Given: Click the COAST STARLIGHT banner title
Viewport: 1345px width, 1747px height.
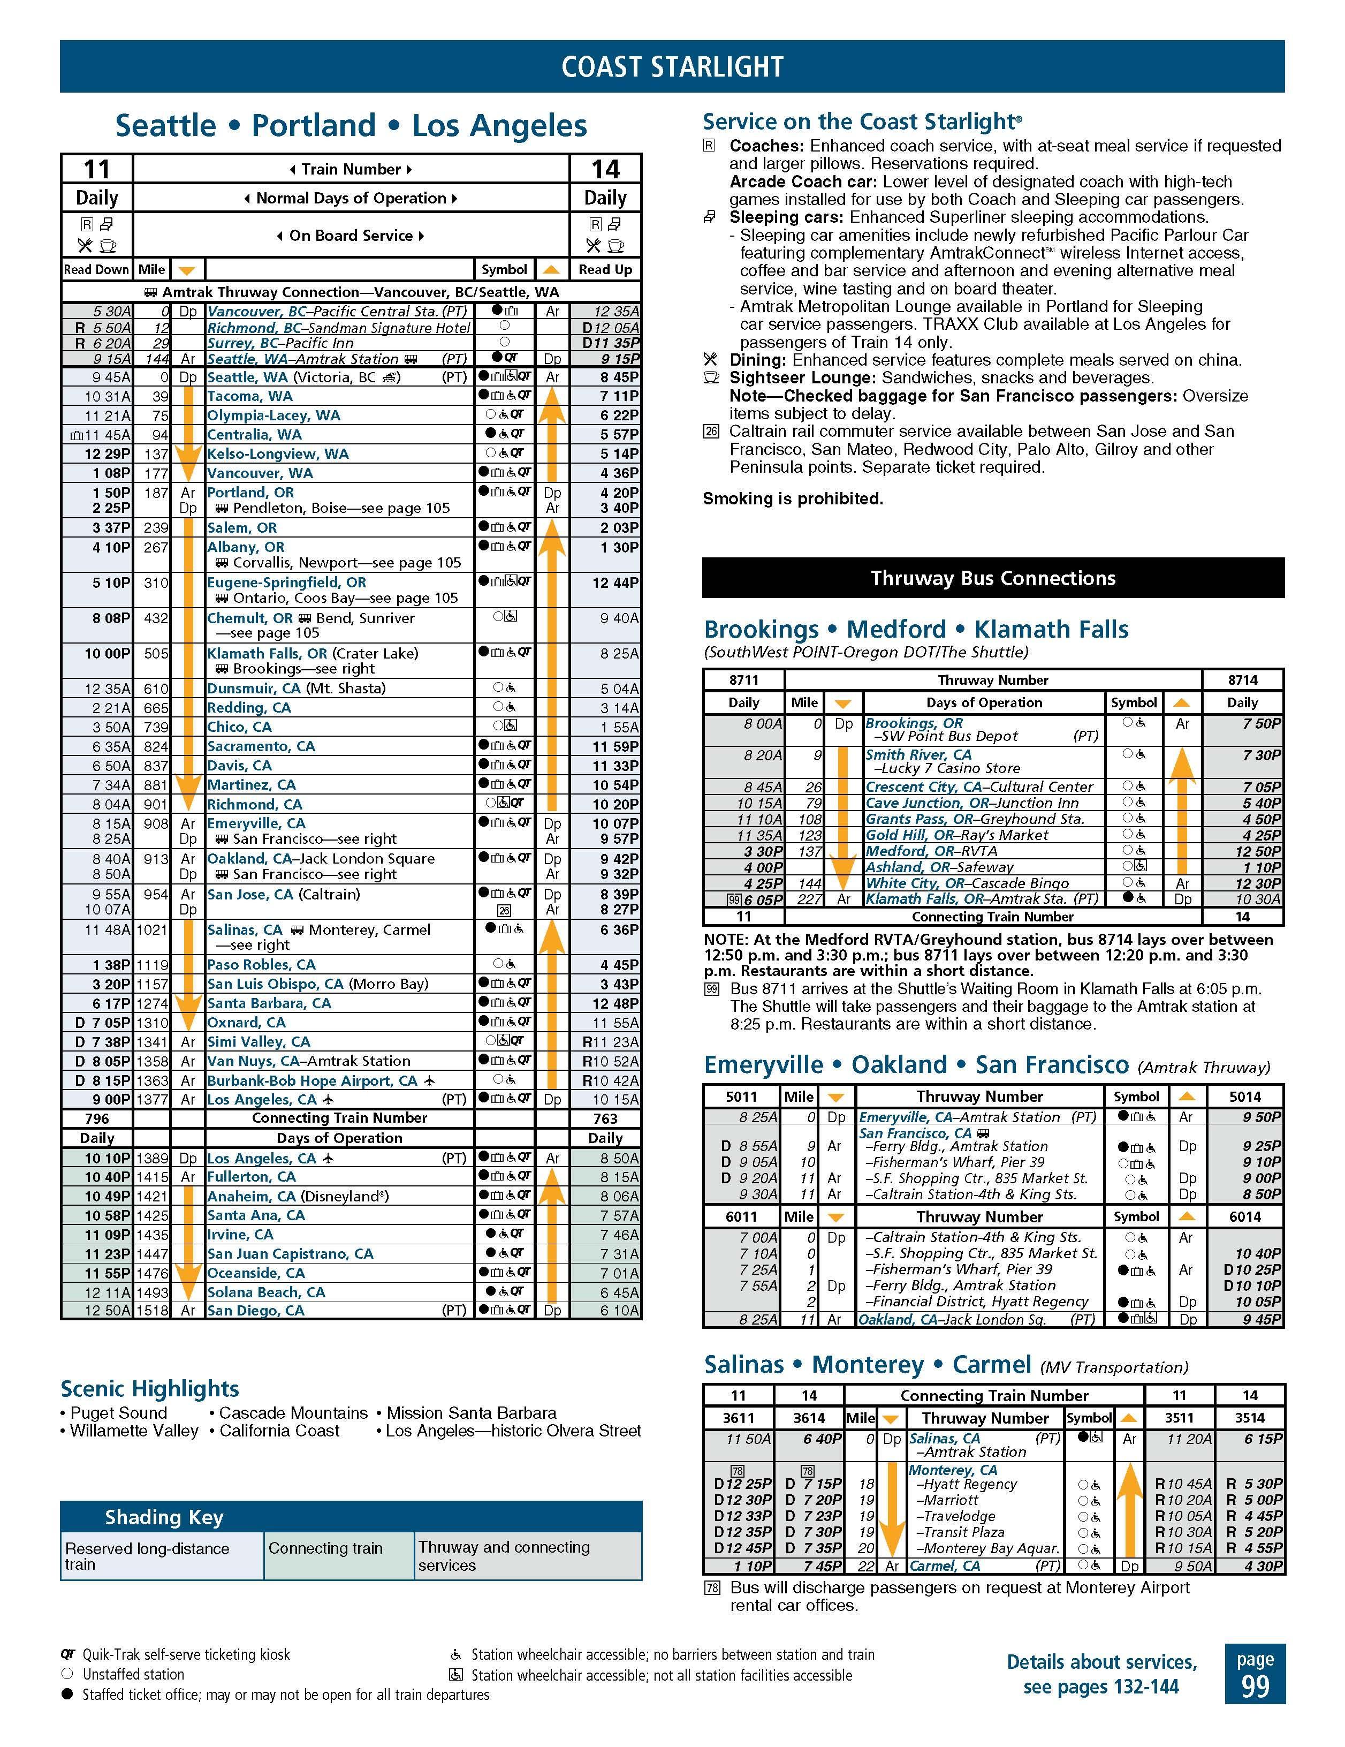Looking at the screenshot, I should pos(672,66).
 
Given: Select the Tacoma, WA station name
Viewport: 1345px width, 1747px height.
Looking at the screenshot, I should pos(249,396).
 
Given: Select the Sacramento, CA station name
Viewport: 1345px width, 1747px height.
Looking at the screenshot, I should pos(261,746).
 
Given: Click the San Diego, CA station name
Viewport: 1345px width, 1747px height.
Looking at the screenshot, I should pos(255,1310).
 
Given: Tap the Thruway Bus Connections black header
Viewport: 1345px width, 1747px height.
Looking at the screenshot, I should pos(992,578).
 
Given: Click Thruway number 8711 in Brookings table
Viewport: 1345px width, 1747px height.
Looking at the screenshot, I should pos(743,680).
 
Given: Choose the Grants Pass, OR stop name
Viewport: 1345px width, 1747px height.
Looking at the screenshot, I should pos(920,819).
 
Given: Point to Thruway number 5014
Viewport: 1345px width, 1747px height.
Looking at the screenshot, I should pos(1244,1096).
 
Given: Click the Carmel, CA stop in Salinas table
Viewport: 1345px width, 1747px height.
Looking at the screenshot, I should pos(944,1566).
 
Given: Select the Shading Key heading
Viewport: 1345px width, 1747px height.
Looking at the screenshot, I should pos(164,1517).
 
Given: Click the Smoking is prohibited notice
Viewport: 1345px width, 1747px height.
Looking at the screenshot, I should pos(793,499).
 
